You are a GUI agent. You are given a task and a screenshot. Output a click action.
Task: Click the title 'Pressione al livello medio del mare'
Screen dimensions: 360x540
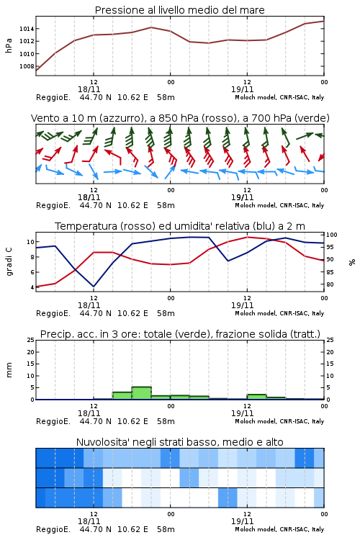179,10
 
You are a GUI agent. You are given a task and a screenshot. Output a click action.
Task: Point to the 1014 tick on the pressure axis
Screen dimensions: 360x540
27,29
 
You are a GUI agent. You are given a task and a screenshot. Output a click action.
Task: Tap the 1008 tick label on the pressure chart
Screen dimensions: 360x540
27,66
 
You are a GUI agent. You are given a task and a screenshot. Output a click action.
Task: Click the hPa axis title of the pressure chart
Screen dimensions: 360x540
9,45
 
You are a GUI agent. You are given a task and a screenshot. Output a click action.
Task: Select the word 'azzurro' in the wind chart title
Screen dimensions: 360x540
121,118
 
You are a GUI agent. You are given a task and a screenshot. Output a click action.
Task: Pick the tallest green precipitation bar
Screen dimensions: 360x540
142,393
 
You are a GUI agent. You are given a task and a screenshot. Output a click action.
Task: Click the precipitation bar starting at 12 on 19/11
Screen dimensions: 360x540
256,397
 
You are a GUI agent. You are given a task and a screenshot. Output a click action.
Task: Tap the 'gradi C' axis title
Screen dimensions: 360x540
9,261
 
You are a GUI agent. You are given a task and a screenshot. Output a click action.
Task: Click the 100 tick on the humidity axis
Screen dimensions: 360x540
332,235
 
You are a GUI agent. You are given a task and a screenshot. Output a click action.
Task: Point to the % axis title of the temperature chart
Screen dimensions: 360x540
352,262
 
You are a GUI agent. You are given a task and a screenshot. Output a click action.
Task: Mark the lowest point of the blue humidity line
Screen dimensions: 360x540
94,287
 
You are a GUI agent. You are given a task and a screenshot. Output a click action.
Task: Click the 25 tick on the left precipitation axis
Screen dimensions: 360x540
31,340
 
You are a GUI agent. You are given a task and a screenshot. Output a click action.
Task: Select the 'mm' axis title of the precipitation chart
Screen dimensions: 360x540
9,370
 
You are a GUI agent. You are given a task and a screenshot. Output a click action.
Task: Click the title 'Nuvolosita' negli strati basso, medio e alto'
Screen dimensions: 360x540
179,442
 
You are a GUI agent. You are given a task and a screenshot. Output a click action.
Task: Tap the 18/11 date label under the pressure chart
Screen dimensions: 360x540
89,89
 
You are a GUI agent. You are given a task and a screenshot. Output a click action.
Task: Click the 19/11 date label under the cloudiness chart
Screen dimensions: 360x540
242,521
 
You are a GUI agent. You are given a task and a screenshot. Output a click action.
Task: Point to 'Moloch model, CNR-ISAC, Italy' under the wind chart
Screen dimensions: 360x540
279,205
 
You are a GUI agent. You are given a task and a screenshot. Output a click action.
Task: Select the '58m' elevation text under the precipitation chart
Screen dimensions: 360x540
166,421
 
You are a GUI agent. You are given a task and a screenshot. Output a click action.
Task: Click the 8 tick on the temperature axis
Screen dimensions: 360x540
32,257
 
